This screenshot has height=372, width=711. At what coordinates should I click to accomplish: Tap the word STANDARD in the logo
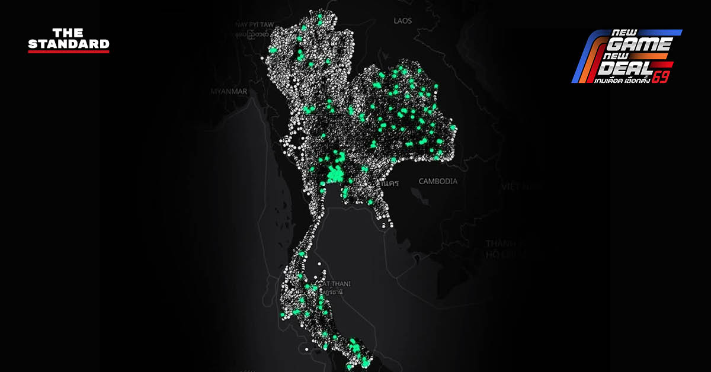pos(69,44)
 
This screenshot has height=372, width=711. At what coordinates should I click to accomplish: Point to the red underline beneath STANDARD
pos(69,52)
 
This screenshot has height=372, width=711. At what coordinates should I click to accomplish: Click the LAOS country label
pos(402,21)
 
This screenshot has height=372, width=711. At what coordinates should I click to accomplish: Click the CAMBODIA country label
pos(438,181)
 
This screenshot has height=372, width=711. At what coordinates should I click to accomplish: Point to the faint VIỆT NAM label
pos(522,186)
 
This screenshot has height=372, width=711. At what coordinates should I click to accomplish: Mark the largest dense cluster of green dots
pos(336,174)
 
